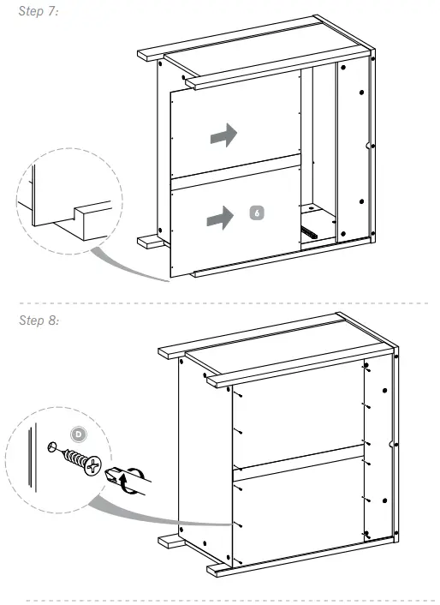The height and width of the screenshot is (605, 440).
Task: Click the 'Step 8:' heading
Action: point(39,320)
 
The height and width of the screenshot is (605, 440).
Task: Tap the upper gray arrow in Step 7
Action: point(222,134)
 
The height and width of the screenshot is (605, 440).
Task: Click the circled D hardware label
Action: point(80,434)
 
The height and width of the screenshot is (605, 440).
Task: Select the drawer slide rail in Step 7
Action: point(312,230)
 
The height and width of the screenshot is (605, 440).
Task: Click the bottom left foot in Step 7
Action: point(152,242)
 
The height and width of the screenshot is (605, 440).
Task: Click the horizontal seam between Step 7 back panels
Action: point(235,170)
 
